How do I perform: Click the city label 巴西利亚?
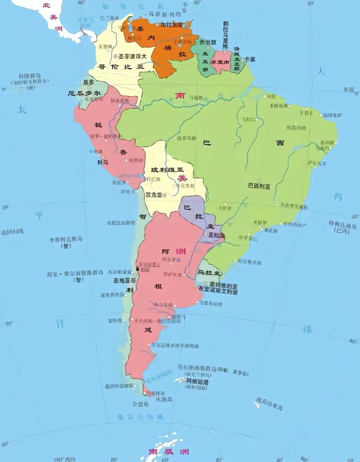click(x=259, y=186)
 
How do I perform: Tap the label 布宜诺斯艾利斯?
click(x=218, y=292)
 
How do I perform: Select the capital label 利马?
click(x=102, y=162)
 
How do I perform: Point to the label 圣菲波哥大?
click(x=132, y=56)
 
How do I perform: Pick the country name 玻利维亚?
click(x=167, y=170)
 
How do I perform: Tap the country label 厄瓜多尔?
click(x=84, y=93)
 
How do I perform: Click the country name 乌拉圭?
click(x=209, y=273)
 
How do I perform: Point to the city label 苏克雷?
click(x=154, y=195)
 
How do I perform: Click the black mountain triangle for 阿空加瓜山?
click(x=137, y=268)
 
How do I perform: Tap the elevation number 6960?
click(x=145, y=270)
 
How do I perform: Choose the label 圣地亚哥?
click(x=124, y=281)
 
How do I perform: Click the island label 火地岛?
click(x=164, y=399)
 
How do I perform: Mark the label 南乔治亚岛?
click(x=269, y=404)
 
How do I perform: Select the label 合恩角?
click(x=141, y=404)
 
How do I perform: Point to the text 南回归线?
click(x=12, y=232)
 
